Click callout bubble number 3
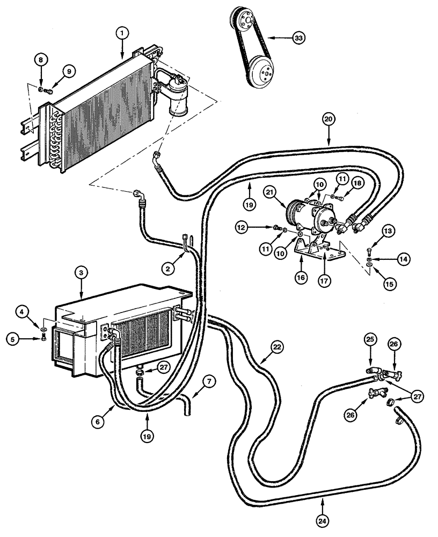(x=81, y=273)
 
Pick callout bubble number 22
(x=276, y=347)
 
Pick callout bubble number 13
(x=389, y=231)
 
